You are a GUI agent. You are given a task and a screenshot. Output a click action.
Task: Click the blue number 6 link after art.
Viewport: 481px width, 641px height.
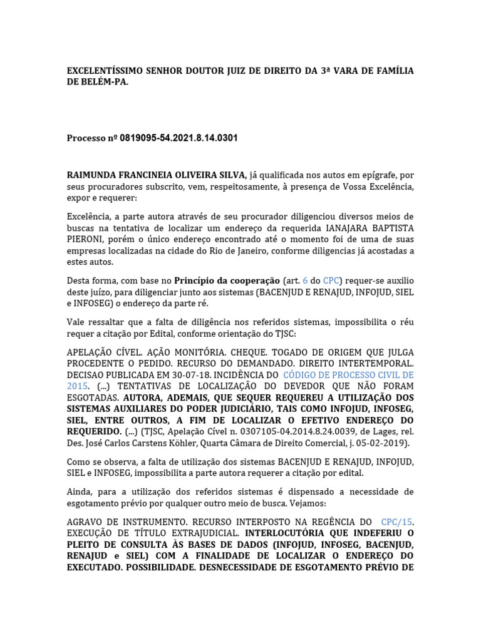point(306,281)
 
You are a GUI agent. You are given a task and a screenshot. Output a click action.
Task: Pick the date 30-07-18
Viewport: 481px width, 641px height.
point(210,375)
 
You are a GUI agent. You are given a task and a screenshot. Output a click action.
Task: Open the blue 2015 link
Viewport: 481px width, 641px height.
point(78,386)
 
